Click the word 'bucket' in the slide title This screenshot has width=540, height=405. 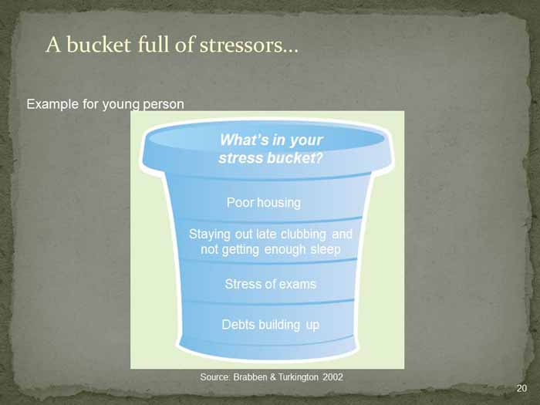click(99, 45)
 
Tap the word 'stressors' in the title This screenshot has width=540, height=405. click(248, 45)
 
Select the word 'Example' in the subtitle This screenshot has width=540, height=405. click(52, 104)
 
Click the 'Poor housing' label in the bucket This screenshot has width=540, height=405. click(264, 202)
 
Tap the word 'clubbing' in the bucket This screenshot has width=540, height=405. click(303, 235)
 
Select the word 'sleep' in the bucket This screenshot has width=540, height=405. click(326, 249)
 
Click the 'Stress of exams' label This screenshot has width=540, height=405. click(270, 284)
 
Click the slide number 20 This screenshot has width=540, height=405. click(521, 389)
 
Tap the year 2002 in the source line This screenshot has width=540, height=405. click(332, 377)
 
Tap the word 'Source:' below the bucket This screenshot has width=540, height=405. click(215, 377)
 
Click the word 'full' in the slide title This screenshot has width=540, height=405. click(154, 45)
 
